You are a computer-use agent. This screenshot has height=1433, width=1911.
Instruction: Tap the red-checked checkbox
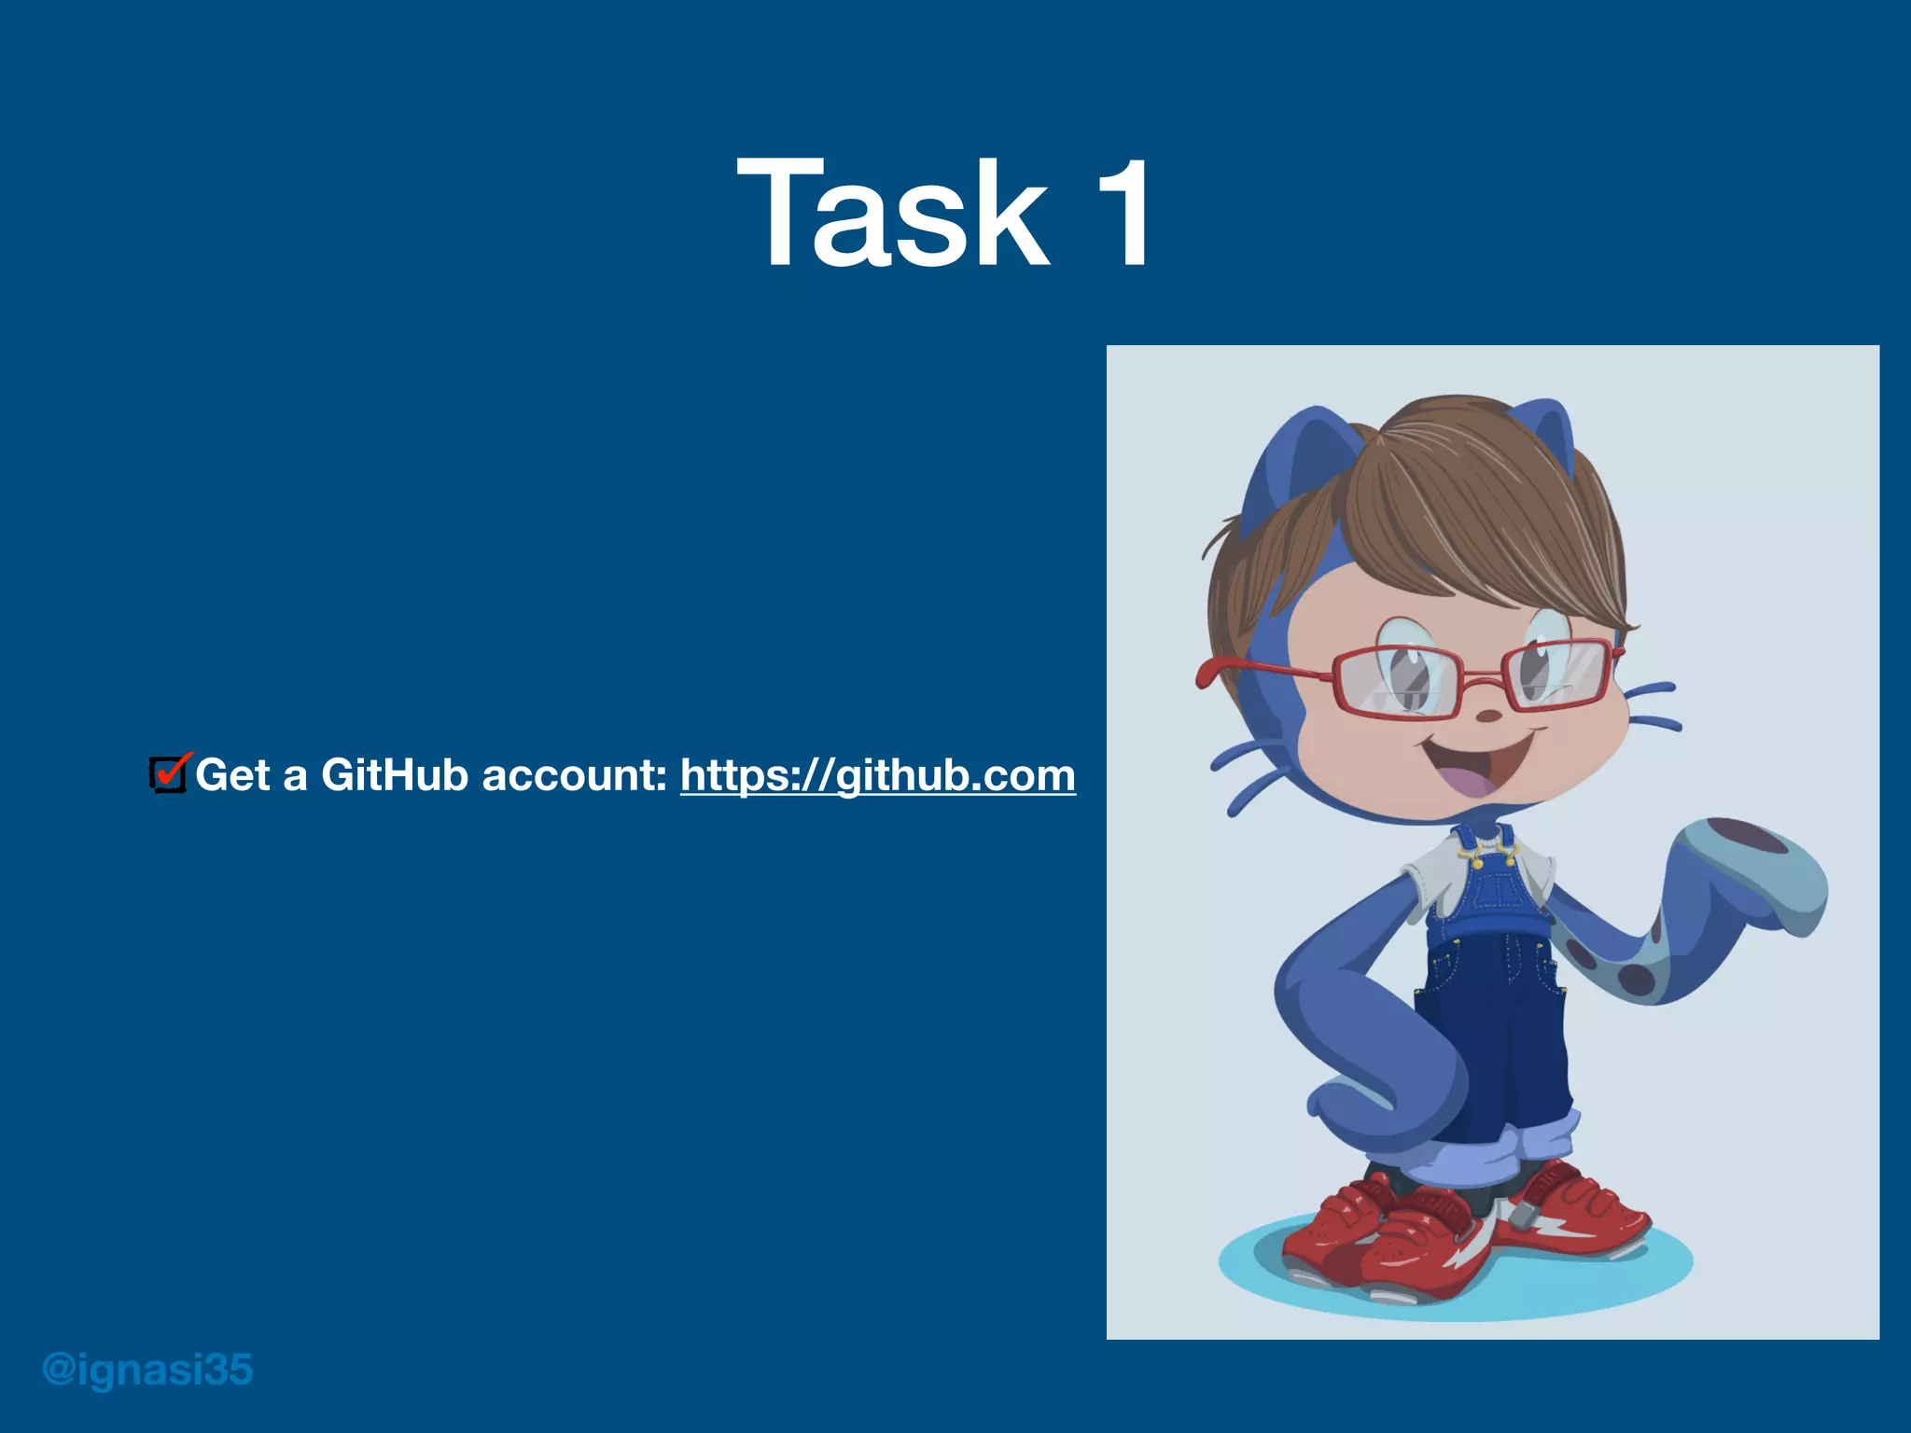tap(169, 774)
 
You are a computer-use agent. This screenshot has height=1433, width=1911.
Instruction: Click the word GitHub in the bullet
tap(394, 775)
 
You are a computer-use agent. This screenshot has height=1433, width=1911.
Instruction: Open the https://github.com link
tap(877, 775)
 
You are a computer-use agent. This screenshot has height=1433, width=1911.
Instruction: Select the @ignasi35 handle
tap(147, 1370)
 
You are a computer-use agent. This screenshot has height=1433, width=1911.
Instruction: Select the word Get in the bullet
tap(232, 775)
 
